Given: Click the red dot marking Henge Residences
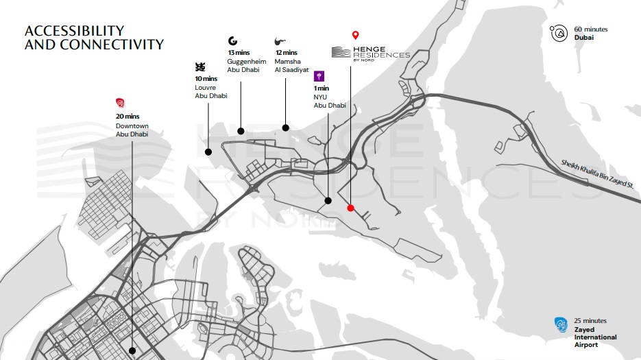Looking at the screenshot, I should click(x=350, y=208).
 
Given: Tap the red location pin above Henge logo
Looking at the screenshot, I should click(x=355, y=35).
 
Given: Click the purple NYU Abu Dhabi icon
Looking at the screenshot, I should click(x=319, y=76).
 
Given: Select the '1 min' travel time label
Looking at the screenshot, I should click(x=322, y=88).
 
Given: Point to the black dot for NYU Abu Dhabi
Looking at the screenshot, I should click(x=328, y=201).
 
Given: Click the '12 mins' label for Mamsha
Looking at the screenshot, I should click(x=286, y=53).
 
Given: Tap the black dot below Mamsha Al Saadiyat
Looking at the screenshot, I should click(x=287, y=128).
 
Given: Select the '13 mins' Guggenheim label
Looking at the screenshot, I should click(x=239, y=53).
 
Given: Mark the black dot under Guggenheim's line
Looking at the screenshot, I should click(x=241, y=130).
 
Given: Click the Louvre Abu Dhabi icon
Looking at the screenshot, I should click(x=200, y=67).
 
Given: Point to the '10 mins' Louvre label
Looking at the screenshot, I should click(x=206, y=79).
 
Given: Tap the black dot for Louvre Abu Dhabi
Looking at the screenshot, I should click(x=208, y=152).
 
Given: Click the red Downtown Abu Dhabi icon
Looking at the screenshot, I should click(x=121, y=104).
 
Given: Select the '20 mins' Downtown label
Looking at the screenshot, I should click(x=128, y=117).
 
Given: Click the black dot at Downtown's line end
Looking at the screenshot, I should click(x=132, y=350).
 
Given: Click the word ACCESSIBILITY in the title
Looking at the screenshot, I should click(x=74, y=31).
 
